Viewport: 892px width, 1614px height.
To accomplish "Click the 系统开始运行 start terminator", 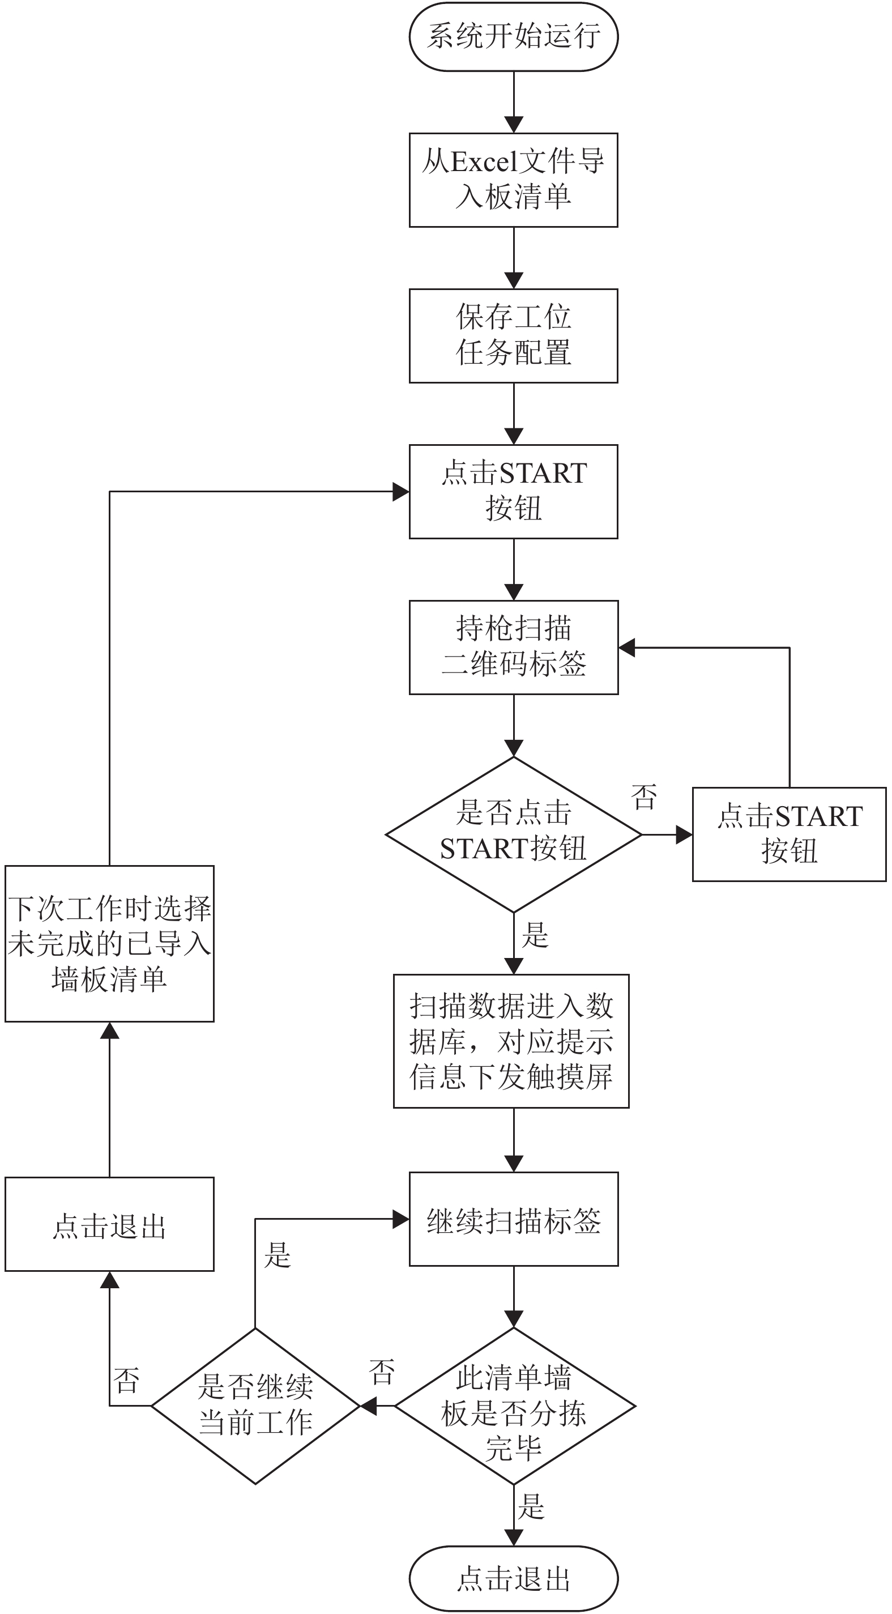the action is pos(514,36).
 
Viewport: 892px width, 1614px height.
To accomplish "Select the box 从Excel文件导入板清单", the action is pos(514,180).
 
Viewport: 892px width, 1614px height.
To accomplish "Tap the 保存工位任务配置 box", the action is pos(514,336).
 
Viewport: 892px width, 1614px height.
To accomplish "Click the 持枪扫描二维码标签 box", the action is pos(514,647).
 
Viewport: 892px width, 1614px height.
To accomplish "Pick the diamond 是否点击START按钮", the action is pos(514,834).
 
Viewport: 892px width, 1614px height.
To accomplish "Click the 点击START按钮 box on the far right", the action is pos(789,834).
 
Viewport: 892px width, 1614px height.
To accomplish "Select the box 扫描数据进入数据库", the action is pos(511,1041).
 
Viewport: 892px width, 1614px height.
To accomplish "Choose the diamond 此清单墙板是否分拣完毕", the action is pos(515,1406).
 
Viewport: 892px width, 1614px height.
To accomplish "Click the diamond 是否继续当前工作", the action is pos(255,1406).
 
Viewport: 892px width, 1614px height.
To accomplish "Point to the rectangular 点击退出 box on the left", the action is pos(110,1224).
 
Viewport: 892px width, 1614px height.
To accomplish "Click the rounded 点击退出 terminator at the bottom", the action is pos(514,1578).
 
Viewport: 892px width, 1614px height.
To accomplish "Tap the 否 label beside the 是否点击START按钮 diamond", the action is pos(644,797).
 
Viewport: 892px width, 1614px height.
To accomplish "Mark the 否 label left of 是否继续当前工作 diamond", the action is pos(126,1380).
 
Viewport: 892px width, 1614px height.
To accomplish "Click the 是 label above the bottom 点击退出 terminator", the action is pos(531,1507).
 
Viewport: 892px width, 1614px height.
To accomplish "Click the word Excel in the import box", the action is pos(485,162).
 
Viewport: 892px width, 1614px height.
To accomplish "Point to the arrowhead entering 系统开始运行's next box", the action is pos(514,124).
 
